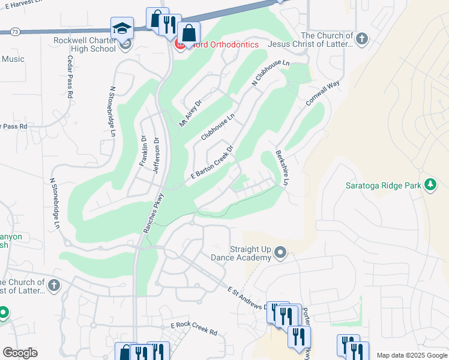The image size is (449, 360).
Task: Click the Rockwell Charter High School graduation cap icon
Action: (121, 28)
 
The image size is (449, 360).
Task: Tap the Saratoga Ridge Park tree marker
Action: (430, 185)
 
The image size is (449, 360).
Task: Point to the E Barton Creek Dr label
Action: (211, 162)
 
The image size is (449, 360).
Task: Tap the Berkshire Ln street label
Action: (282, 167)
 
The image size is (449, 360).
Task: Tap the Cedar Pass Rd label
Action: (70, 76)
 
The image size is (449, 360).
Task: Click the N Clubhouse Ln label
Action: (271, 72)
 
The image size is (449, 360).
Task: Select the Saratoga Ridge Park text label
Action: (384, 185)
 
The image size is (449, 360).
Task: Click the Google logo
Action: (20, 353)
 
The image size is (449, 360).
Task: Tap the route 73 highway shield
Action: (15, 30)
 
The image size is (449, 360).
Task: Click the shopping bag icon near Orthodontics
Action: (188, 34)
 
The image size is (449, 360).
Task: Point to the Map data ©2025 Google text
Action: (412, 355)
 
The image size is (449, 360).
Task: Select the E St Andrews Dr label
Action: (249, 299)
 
